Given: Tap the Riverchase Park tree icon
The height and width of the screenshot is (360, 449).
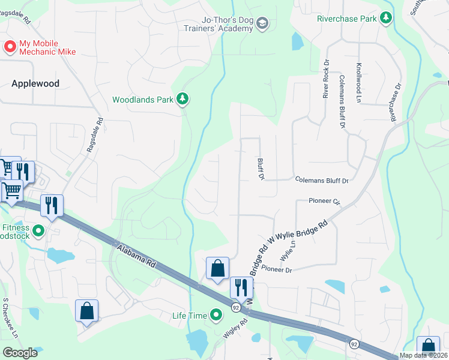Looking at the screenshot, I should coord(385,19).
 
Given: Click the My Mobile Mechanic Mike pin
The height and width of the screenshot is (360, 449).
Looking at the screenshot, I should coord(10,46).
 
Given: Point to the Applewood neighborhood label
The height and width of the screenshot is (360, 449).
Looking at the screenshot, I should coord(35,83).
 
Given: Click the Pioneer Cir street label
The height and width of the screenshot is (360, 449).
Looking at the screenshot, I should coord(324,201).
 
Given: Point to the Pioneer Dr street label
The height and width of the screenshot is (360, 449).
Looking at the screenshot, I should coord(276,270).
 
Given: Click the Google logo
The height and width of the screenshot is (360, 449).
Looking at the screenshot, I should coord(20,353).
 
